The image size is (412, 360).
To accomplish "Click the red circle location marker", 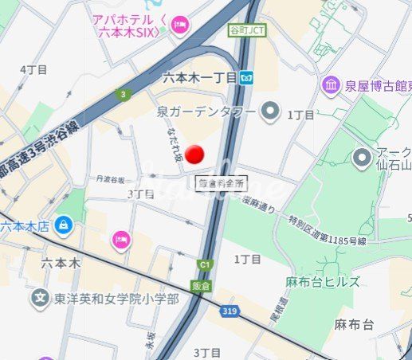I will pos(194,155).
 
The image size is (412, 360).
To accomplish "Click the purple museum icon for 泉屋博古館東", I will pos(330,84).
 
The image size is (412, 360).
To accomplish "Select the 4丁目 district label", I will pos(33,70).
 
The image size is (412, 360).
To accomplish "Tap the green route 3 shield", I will pos(123,95).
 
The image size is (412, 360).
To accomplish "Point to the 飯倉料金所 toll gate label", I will pos(220,183).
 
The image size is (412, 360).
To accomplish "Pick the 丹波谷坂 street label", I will pos(112,180).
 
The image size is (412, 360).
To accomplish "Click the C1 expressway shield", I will pos(206,264).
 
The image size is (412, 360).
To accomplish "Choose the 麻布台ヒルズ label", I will pos(323,282).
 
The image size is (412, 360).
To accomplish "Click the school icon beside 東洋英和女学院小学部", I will pos(39,298).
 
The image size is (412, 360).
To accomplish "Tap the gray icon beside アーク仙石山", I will pos(363,156).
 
